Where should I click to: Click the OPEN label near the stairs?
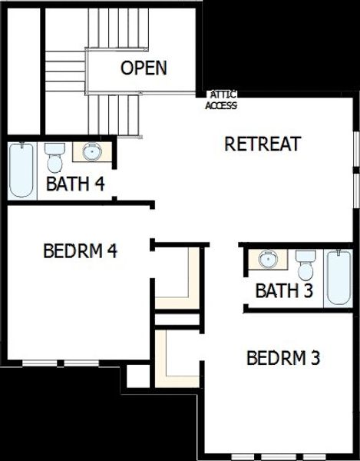click(x=144, y=68)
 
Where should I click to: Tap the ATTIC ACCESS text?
click(x=221, y=101)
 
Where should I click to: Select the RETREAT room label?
click(x=262, y=144)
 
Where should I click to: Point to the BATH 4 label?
click(x=75, y=184)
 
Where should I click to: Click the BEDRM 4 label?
click(x=80, y=250)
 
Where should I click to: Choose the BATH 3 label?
click(x=284, y=291)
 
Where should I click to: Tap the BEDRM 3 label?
click(x=282, y=358)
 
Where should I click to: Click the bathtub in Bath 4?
click(x=21, y=171)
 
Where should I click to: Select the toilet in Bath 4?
click(x=54, y=157)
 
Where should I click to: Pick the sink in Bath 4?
click(x=92, y=151)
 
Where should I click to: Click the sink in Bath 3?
click(x=268, y=259)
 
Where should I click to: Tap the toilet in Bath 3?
click(x=306, y=265)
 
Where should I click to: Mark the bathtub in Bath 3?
click(x=339, y=277)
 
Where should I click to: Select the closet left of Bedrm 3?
click(x=173, y=357)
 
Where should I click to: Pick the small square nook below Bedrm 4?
click(x=138, y=376)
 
